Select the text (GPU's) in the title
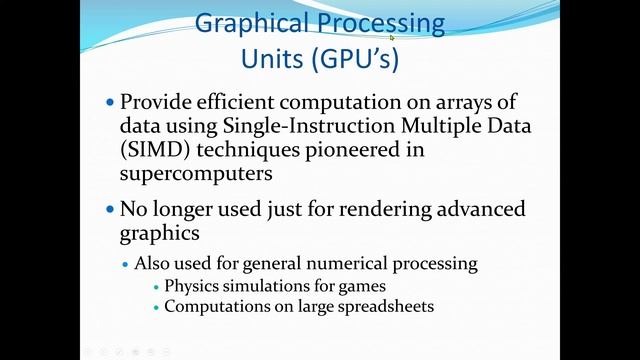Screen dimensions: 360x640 [356, 59]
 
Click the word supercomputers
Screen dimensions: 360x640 [195, 174]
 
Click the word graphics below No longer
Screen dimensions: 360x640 [158, 235]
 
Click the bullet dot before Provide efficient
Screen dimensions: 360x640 [110, 103]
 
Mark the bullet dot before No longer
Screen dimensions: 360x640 [110, 211]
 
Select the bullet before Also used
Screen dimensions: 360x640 [125, 265]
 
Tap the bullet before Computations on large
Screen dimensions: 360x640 [155, 307]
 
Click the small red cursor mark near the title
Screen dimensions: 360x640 [392, 38]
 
